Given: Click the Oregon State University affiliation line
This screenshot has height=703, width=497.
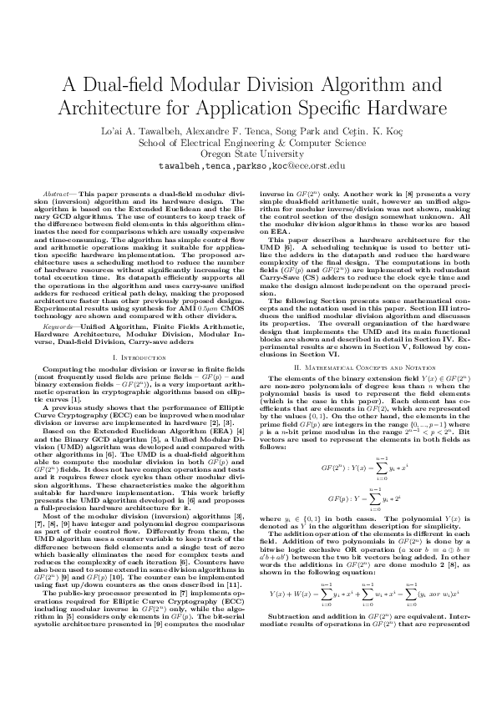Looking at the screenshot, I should [x=248, y=154].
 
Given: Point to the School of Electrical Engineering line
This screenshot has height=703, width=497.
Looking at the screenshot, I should [x=248, y=142].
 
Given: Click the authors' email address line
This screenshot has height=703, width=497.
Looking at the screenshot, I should [x=248, y=165].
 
